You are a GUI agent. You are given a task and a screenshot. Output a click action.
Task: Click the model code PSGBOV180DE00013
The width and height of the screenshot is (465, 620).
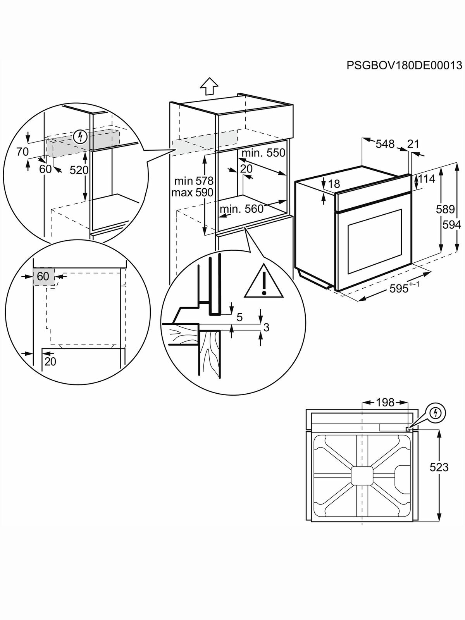click(x=404, y=65)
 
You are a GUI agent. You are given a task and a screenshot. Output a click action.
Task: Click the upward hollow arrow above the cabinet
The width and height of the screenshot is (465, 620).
click(x=209, y=86)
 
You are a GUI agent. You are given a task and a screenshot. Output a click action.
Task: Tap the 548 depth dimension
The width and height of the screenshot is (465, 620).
click(x=385, y=144)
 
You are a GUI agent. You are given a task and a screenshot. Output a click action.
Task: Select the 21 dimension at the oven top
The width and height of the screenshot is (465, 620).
click(x=413, y=144)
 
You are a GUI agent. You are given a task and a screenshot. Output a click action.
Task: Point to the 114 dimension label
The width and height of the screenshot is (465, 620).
click(x=426, y=179)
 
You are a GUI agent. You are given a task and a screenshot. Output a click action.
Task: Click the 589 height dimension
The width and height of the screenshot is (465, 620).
click(x=445, y=210)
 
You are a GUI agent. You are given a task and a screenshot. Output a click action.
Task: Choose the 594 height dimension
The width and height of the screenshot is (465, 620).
click(x=452, y=225)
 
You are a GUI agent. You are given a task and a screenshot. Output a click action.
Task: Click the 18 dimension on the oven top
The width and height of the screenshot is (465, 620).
click(x=334, y=184)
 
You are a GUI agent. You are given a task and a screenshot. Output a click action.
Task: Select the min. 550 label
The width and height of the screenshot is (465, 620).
click(x=263, y=153)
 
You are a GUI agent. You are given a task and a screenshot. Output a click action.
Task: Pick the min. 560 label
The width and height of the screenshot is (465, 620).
click(x=241, y=209)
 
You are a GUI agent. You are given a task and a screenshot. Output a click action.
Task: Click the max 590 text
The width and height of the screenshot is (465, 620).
click(x=192, y=193)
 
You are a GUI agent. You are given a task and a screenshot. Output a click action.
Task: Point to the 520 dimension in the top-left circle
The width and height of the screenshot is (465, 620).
click(x=79, y=170)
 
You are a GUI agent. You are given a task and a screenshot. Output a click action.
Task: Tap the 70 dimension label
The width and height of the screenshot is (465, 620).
click(x=22, y=152)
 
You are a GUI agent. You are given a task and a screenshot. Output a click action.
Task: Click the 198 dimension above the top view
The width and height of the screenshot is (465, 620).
click(x=385, y=403)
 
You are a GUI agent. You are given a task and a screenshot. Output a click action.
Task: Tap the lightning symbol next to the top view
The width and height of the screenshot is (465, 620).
click(x=436, y=414)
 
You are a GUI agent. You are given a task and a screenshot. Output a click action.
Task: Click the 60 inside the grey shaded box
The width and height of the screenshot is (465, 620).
click(x=43, y=276)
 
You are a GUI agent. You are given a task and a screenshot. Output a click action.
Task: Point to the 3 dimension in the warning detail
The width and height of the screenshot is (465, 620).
click(x=266, y=327)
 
